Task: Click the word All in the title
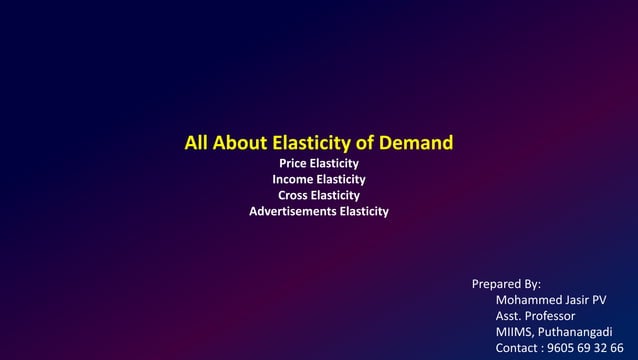197,143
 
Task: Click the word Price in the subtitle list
292,162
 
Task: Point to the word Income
292,179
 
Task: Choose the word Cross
293,195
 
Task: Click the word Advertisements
293,212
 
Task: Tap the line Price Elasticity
318,162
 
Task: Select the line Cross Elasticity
319,195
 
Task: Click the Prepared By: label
506,285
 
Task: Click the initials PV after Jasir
600,300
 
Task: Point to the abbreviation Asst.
509,316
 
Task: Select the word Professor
551,316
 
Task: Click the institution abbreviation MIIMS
515,332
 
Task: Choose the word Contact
518,348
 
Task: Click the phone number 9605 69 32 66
586,348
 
